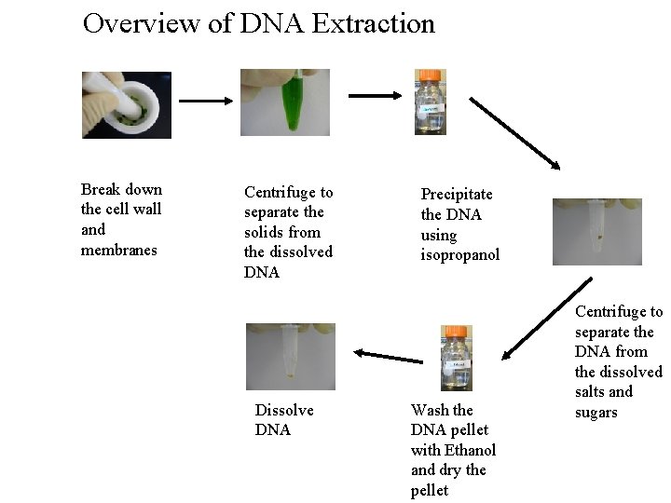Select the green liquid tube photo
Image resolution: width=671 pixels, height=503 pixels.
[284, 102]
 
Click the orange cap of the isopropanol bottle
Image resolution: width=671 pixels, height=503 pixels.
[429, 75]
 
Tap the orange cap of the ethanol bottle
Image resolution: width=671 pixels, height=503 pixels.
[456, 331]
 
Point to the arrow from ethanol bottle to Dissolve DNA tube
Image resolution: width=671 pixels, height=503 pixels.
[390, 355]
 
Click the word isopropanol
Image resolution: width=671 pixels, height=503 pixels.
[460, 254]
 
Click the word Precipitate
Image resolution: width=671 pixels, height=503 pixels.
[457, 195]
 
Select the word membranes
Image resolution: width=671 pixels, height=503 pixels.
[119, 250]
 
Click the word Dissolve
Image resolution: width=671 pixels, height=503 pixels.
[284, 410]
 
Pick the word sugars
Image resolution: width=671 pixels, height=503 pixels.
[596, 412]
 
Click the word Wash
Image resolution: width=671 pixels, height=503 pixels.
[429, 410]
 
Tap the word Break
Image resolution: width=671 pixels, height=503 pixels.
[100, 189]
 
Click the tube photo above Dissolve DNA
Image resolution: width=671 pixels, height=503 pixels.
[290, 356]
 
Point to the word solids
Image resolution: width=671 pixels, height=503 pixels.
[265, 232]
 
